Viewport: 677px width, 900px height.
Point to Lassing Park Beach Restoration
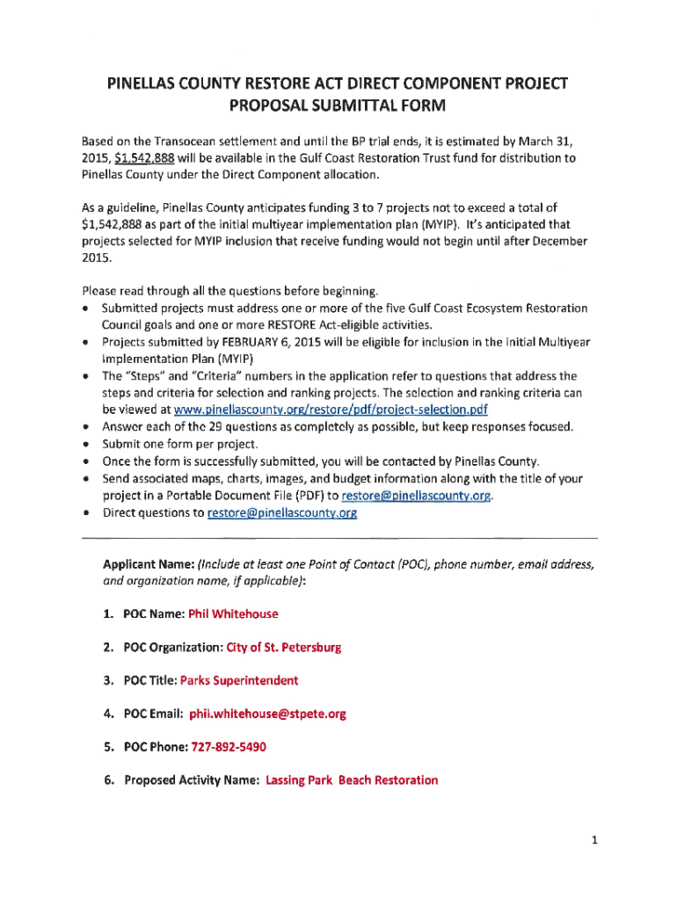coord(351,780)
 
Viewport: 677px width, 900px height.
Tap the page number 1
coord(594,840)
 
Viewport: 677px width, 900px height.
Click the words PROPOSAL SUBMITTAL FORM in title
coord(338,107)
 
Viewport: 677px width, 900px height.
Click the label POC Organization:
coord(173,647)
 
